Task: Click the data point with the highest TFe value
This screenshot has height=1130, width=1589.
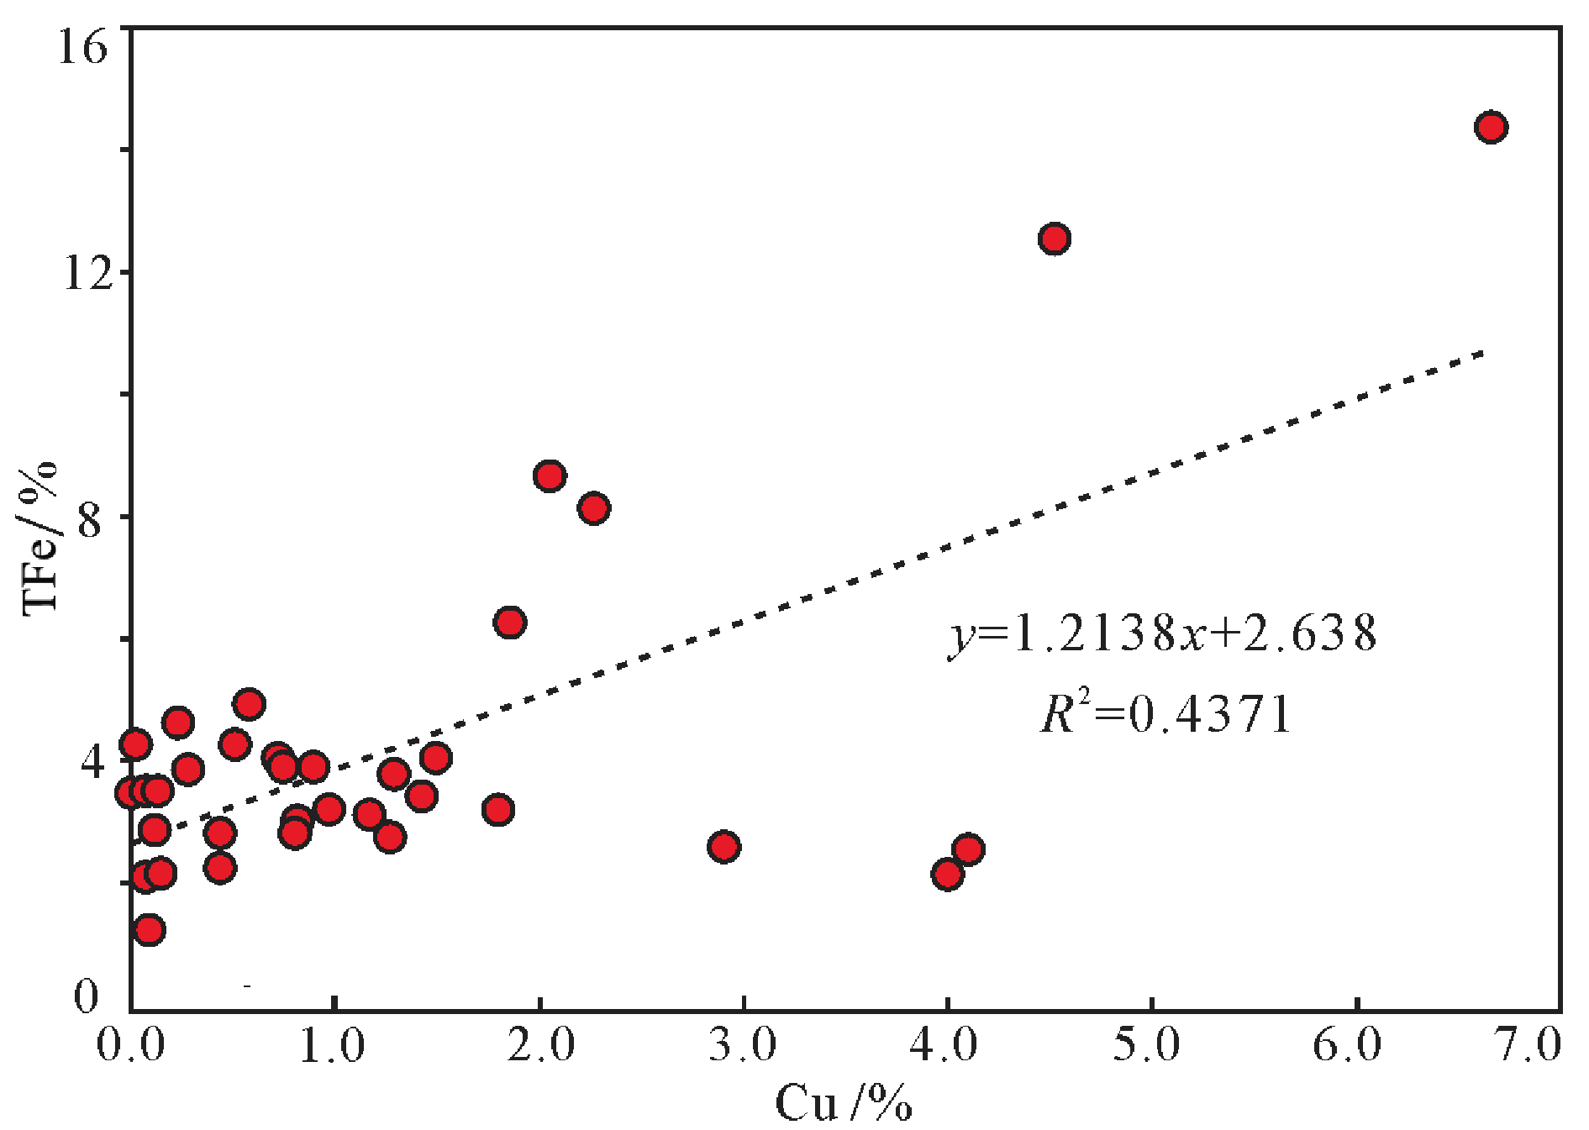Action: (1490, 128)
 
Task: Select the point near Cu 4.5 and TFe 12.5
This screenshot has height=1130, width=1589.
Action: (1054, 239)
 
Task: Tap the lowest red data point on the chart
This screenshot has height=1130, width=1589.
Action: (149, 930)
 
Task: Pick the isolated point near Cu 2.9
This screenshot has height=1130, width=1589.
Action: (723, 847)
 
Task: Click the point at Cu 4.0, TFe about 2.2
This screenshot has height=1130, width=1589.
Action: (947, 875)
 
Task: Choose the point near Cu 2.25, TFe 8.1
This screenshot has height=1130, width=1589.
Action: (594, 509)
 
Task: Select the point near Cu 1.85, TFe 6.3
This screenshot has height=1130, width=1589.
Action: (510, 623)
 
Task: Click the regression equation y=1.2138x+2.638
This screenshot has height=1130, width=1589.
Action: (1163, 634)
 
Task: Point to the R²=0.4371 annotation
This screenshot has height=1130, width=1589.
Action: (1166, 715)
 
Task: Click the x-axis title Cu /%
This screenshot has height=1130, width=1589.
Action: (843, 1103)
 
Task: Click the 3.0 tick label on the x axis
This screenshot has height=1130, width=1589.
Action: (743, 1046)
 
